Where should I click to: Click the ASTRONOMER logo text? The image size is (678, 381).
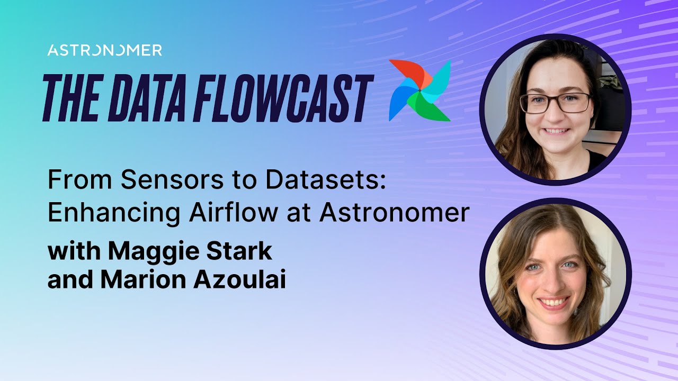tap(104, 50)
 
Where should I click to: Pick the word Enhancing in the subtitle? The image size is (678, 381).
tap(113, 213)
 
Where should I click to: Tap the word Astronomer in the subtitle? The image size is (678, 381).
tap(394, 213)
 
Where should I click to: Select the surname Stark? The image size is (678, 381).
tap(243, 251)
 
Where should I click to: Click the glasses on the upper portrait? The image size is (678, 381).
tap(555, 103)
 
